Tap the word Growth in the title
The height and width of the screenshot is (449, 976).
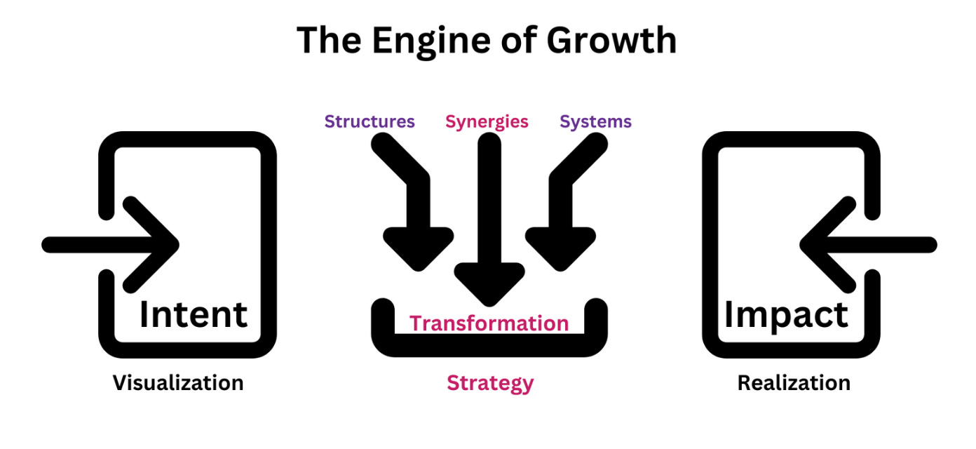tap(611, 41)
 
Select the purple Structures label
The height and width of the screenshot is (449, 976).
tap(370, 121)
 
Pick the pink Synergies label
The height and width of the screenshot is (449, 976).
tap(487, 121)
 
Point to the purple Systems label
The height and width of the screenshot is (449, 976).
tap(595, 121)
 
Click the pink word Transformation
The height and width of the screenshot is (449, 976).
tap(489, 323)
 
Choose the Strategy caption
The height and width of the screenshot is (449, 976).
tap(490, 383)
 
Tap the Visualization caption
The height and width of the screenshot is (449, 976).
tap(178, 383)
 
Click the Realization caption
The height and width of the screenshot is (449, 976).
tap(794, 383)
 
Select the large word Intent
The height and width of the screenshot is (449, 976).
tap(194, 314)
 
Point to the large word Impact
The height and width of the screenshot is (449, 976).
tap(786, 314)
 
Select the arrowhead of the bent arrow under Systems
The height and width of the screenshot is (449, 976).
tap(559, 249)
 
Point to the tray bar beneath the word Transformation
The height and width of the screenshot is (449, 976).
tap(489, 344)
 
